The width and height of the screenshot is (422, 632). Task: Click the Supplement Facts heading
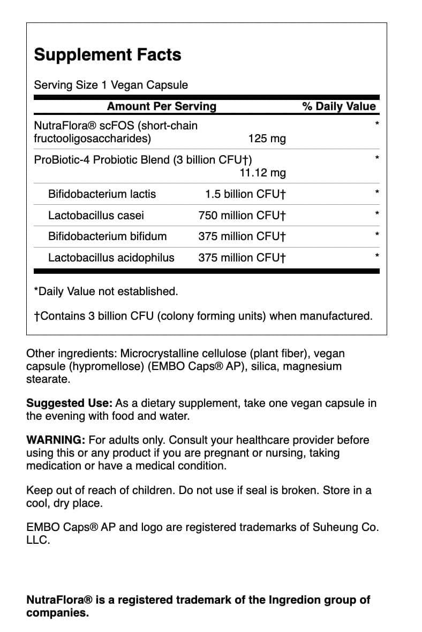coord(108,55)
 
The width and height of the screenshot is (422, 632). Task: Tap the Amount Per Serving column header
coord(162,106)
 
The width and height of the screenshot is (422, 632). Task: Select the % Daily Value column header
coord(339,106)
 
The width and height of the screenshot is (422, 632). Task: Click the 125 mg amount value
coord(267,139)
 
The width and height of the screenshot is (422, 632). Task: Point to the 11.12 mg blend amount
coord(262,173)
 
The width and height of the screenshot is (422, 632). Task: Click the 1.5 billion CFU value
coord(245,194)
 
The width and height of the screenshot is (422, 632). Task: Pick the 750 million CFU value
coord(242,215)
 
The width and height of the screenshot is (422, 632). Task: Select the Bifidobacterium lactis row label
coord(102,194)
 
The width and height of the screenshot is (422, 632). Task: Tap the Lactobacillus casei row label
coord(96,215)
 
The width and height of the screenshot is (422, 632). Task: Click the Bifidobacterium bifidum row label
coord(107,236)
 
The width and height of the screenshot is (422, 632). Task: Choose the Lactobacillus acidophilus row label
coord(111,258)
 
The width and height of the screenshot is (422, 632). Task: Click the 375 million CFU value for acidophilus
coord(242,258)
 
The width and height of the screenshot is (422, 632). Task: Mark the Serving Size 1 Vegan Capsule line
coord(111,85)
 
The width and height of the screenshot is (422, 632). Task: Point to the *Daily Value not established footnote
coord(106,291)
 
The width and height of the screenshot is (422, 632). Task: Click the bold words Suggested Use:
coord(69,403)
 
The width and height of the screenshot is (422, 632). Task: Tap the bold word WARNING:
coord(56,440)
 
